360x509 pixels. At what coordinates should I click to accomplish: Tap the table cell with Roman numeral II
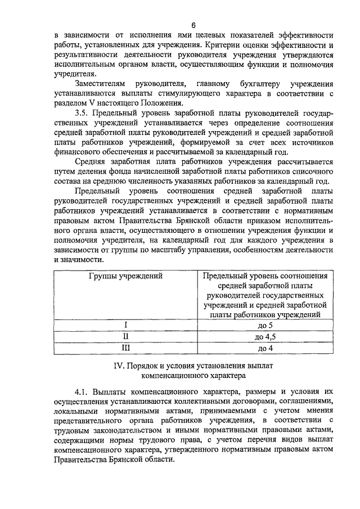pos(126,336)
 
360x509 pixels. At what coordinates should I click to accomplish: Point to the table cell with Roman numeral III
pos(126,348)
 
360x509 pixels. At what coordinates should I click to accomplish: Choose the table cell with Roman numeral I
pos(126,325)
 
